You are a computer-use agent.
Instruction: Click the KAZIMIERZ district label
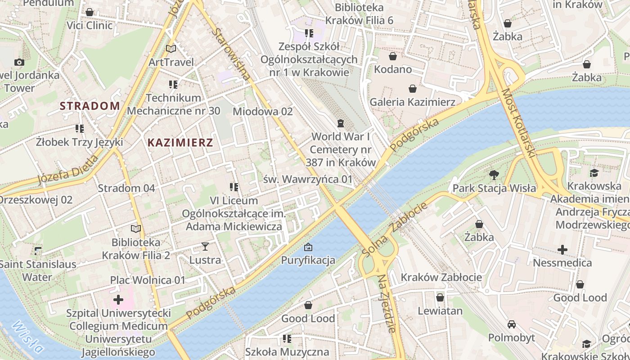[x=180, y=143]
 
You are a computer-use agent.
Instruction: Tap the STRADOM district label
[x=90, y=106]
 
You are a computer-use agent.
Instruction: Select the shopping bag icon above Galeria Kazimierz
[x=412, y=89]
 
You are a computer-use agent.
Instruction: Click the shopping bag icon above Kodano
[x=393, y=56]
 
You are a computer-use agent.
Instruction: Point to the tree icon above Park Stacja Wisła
[x=494, y=175]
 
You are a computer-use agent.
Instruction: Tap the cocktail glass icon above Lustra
[x=205, y=246]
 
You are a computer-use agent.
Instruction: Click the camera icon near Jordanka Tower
[x=19, y=62]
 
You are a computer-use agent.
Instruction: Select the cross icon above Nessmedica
[x=562, y=249]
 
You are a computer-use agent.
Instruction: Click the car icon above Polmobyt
[x=512, y=324]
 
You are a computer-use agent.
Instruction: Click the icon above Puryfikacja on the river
[x=308, y=247]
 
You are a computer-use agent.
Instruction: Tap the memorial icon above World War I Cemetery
[x=341, y=123]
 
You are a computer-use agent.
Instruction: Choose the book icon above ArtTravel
[x=171, y=49]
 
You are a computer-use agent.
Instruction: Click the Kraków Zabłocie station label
[x=441, y=277]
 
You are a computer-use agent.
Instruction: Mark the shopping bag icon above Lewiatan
[x=440, y=297]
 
